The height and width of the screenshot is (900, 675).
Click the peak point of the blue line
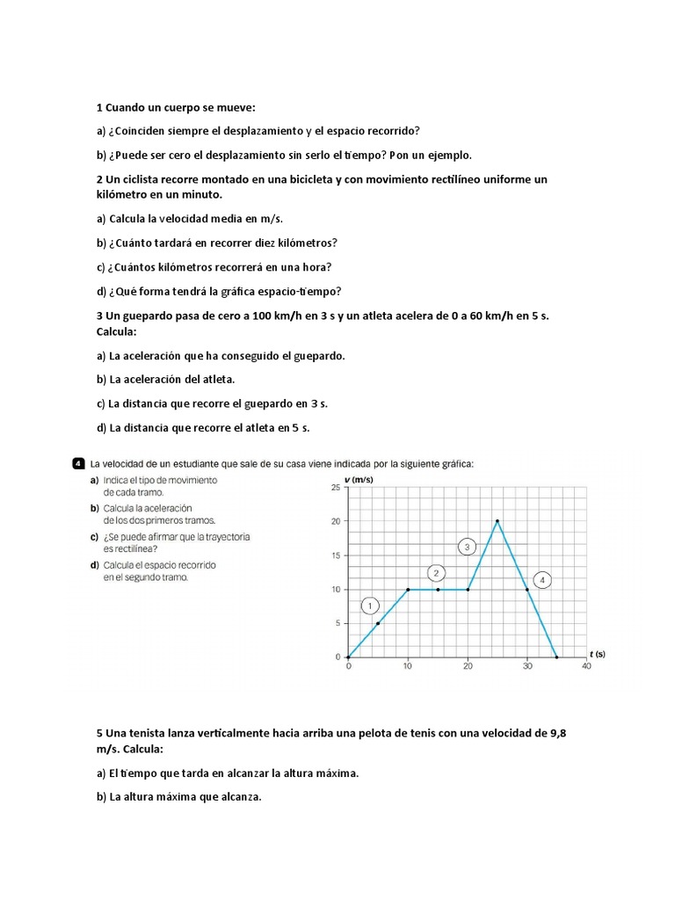coord(497,521)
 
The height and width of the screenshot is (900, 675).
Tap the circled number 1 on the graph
coord(371,606)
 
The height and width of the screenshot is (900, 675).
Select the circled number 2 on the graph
coord(437,573)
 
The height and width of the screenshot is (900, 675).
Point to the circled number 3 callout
coord(468,547)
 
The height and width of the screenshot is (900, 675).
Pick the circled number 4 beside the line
coord(543,580)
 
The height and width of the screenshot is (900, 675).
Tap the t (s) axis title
coord(598,654)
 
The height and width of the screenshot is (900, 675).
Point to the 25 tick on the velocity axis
coord(335,487)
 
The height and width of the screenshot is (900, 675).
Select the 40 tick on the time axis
coord(586,667)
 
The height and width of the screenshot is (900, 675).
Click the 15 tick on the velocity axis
coord(335,555)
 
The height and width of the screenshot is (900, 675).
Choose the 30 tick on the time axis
coord(526,667)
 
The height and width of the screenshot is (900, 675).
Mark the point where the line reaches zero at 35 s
coord(556,657)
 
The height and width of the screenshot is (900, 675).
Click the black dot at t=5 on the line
coord(378,623)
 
